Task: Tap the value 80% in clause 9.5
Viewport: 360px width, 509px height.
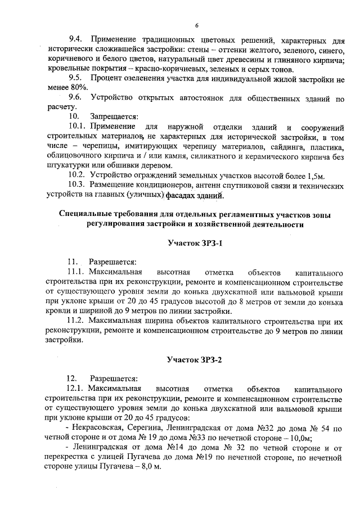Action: (75, 88)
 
